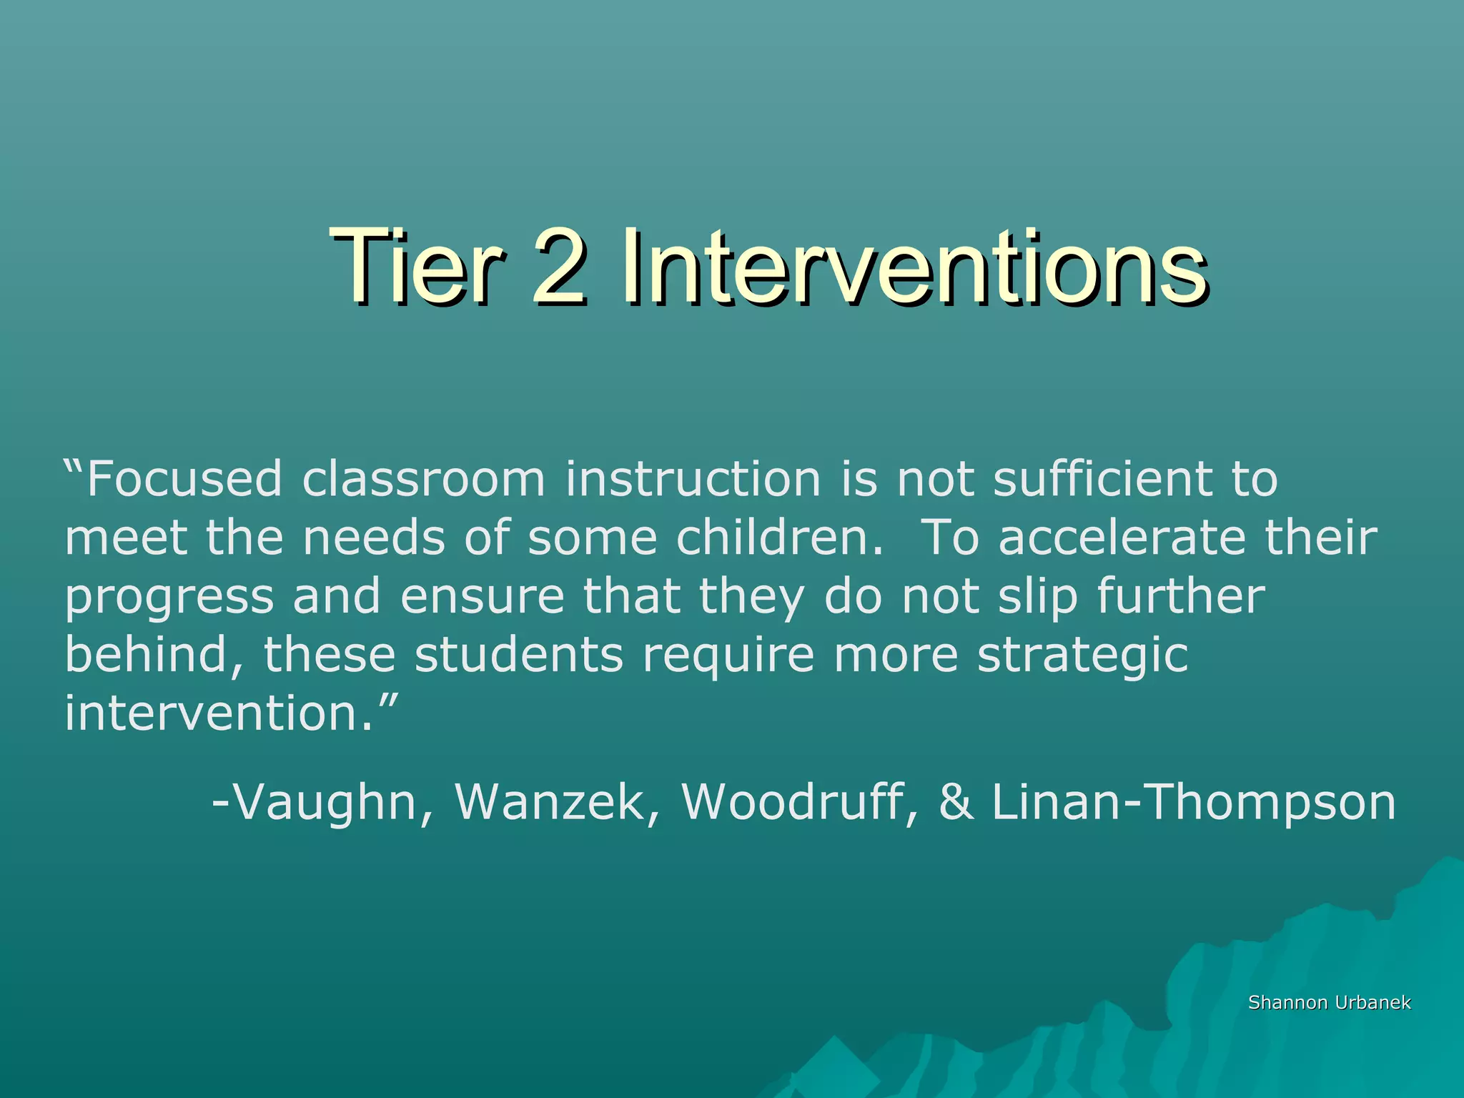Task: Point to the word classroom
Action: [x=423, y=479]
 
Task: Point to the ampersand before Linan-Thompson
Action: [x=956, y=803]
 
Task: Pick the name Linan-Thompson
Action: [x=1192, y=803]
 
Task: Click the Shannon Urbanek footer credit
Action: [x=1329, y=1003]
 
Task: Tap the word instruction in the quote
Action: [x=693, y=479]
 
